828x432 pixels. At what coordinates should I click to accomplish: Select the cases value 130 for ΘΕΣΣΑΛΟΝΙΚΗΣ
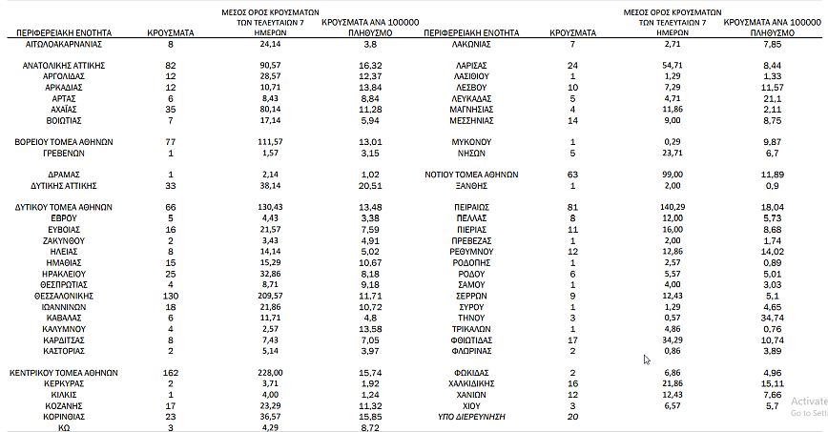(171, 297)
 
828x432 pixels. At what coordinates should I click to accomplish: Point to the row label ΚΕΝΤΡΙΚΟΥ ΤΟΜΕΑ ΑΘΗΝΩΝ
(64, 372)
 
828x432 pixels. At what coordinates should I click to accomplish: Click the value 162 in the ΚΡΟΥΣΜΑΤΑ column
(171, 372)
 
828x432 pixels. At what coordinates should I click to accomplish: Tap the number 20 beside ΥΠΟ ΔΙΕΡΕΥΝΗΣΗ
(572, 417)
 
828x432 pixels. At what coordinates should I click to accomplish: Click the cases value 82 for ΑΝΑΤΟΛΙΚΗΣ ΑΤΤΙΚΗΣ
(171, 64)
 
